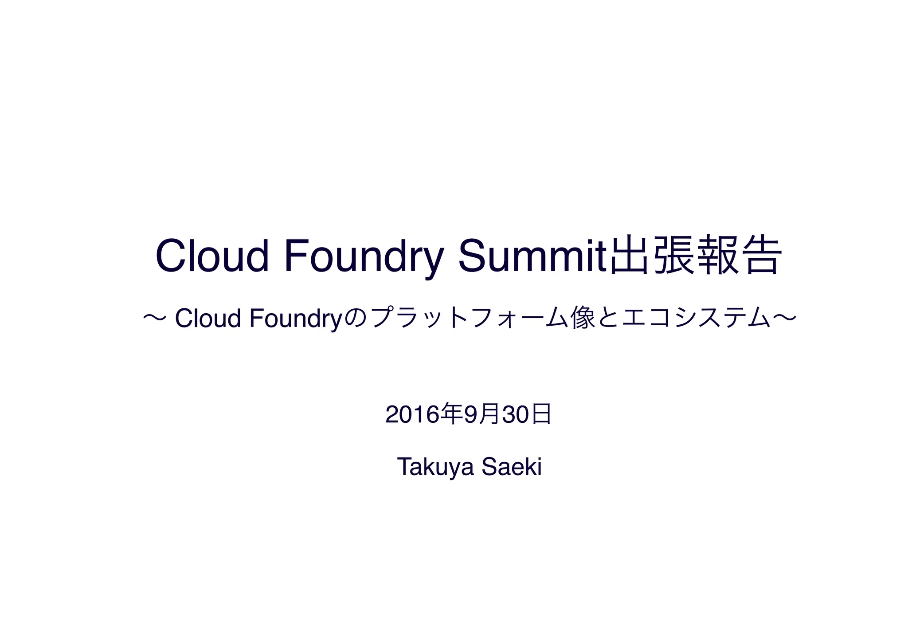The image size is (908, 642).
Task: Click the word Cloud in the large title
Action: click(212, 256)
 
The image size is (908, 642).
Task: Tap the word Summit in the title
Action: click(532, 256)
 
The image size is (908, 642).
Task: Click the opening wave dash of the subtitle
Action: click(155, 318)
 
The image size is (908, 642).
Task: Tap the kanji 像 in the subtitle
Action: click(583, 319)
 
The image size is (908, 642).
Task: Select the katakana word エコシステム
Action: click(696, 319)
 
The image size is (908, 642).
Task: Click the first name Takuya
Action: click(436, 467)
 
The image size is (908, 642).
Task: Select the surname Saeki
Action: click(512, 467)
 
